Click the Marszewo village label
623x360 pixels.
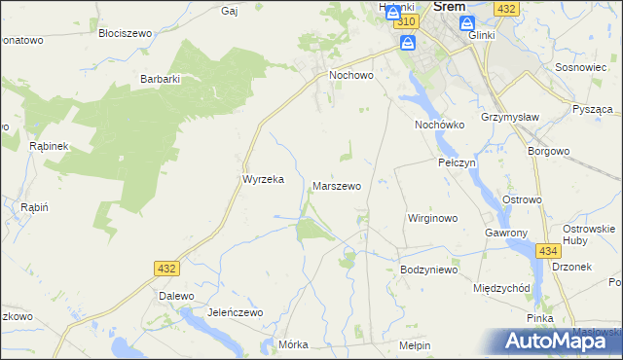click(x=337, y=185)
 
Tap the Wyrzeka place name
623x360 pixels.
click(x=262, y=180)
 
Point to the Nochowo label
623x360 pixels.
click(x=351, y=74)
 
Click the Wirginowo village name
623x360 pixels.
click(x=432, y=219)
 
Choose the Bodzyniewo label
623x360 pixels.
click(x=428, y=270)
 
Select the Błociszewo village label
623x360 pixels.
click(x=126, y=33)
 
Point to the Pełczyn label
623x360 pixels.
click(x=456, y=162)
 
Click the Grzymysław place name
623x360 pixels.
click(x=509, y=126)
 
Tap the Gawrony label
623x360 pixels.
click(x=505, y=234)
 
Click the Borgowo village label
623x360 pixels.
click(x=547, y=153)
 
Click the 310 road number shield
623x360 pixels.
click(x=409, y=21)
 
